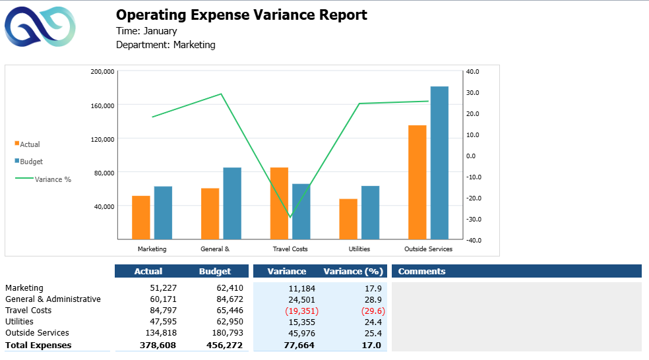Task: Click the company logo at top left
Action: (x=40, y=28)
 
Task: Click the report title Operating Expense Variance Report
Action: (x=241, y=15)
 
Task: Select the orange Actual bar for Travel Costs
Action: (x=279, y=203)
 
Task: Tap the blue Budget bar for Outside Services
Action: (x=439, y=163)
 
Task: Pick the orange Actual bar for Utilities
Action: (x=348, y=219)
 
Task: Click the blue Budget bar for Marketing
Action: (x=163, y=212)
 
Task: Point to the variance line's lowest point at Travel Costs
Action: (x=290, y=217)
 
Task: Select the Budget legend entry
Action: (x=31, y=162)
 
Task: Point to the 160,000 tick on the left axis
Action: (x=102, y=105)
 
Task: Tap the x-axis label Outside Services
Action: (x=428, y=249)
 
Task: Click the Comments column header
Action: (x=421, y=271)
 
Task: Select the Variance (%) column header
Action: (x=353, y=271)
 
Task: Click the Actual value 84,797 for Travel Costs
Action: (x=160, y=311)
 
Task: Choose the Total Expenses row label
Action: (x=38, y=345)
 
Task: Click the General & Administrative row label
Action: (x=53, y=299)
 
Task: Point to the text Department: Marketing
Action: (x=166, y=45)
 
